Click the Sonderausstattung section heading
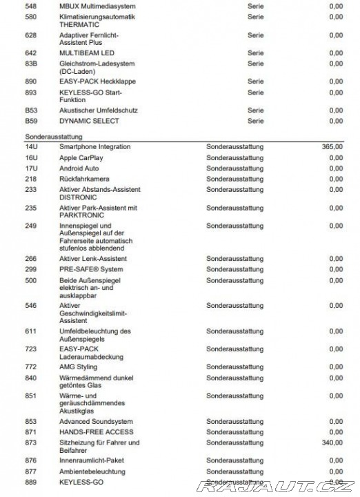(52, 137)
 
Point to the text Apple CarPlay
(81, 158)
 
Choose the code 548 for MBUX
(30, 6)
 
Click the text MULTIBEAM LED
(86, 53)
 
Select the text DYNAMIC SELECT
(89, 121)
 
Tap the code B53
(30, 110)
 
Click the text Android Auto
(79, 168)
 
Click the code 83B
(30, 64)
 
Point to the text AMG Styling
(78, 367)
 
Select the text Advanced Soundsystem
(95, 422)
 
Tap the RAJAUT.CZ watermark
(275, 487)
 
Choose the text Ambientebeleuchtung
(92, 471)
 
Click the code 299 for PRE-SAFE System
(30, 270)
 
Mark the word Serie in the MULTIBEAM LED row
(255, 53)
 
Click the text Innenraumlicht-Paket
(92, 460)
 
